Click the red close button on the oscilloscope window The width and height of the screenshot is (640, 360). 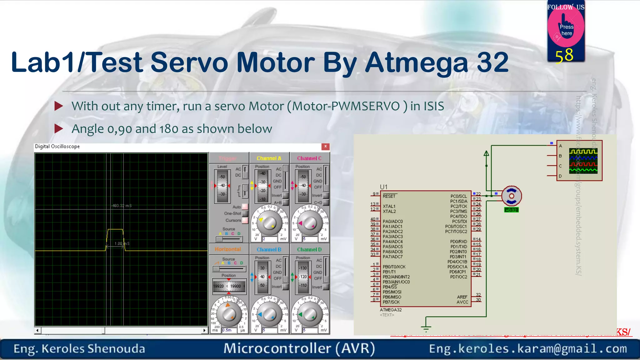pyautogui.click(x=325, y=146)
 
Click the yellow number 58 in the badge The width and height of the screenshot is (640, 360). pyautogui.click(x=564, y=56)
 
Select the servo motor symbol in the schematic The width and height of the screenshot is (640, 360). pyautogui.click(x=511, y=196)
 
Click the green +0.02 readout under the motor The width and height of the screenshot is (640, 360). pyautogui.click(x=511, y=210)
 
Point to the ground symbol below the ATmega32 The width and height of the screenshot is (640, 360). pyautogui.click(x=426, y=328)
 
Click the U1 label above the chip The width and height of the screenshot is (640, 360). pyautogui.click(x=383, y=187)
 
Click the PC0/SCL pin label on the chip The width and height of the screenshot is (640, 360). pyautogui.click(x=458, y=196)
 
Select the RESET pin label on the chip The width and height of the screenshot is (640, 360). pyautogui.click(x=389, y=196)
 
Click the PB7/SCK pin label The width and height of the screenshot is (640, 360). pyautogui.click(x=391, y=302)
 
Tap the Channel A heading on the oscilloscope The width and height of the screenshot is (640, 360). pyautogui.click(x=269, y=158)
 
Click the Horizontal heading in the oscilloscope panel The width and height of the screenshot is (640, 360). pyautogui.click(x=228, y=249)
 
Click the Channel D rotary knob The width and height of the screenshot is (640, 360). pyautogui.click(x=309, y=315)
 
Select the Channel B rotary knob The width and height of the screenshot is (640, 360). pyautogui.click(x=269, y=315)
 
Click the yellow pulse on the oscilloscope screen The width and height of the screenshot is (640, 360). pyautogui.click(x=115, y=230)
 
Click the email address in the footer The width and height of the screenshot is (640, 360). pyautogui.click(x=528, y=349)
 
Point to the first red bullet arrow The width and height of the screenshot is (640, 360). pyautogui.click(x=58, y=106)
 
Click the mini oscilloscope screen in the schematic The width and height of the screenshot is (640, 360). pyautogui.click(x=583, y=161)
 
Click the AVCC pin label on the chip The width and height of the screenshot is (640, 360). pyautogui.click(x=462, y=302)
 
